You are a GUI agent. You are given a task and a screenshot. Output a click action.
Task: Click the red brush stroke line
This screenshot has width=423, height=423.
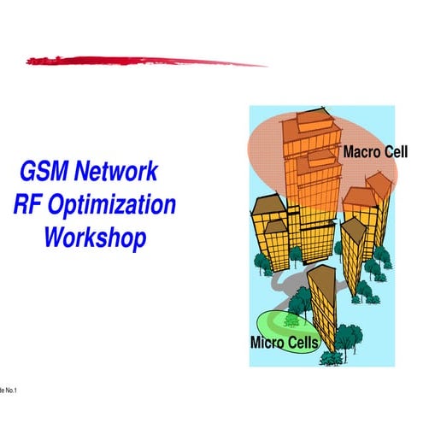tap(145, 60)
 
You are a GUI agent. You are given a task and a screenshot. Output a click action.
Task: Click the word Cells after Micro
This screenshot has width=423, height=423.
tap(304, 344)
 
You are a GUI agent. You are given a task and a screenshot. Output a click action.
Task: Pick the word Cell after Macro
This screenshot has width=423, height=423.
tap(396, 152)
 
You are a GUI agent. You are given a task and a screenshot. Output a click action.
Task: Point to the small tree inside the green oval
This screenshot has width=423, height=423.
tap(291, 320)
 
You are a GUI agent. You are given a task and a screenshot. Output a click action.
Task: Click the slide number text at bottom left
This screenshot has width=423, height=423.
tap(8, 391)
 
